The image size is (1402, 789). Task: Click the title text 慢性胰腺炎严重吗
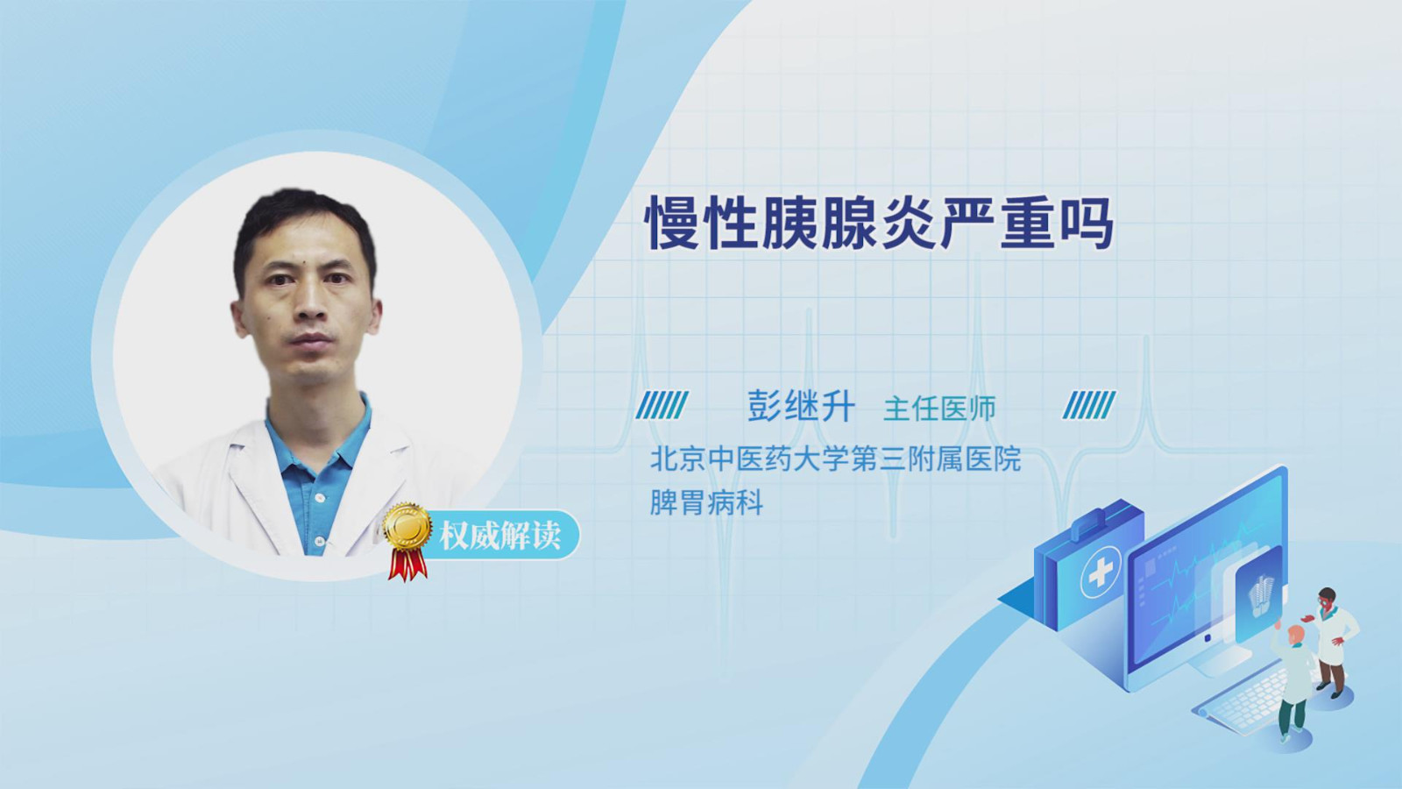pyautogui.click(x=880, y=224)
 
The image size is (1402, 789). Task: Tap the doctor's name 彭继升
pyautogui.click(x=801, y=407)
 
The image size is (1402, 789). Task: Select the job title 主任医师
pyautogui.click(x=939, y=409)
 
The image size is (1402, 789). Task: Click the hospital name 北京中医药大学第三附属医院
pyautogui.click(x=836, y=459)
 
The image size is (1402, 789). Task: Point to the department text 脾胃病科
pyautogui.click(x=706, y=503)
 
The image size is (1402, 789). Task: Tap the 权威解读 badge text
pyautogui.click(x=499, y=536)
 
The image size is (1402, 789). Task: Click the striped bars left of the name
pyautogui.click(x=662, y=405)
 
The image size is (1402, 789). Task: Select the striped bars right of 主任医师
pyautogui.click(x=1089, y=405)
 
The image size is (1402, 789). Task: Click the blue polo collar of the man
pyautogui.click(x=319, y=438)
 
